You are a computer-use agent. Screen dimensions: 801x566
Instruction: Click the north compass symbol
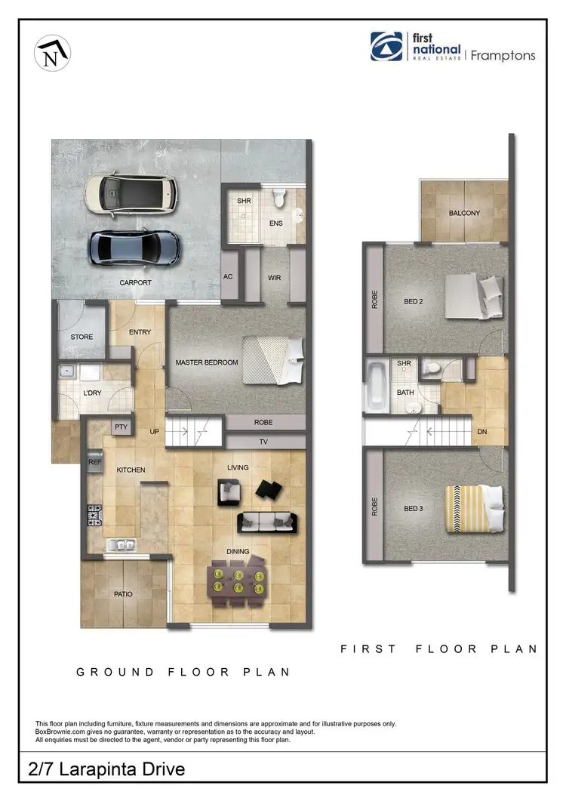pos(52,54)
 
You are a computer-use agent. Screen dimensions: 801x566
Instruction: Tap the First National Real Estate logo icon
pos(386,46)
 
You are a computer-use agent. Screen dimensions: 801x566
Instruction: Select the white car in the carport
pos(131,193)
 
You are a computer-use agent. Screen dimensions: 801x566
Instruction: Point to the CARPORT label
pos(135,283)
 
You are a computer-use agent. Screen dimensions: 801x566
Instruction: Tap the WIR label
pos(274,278)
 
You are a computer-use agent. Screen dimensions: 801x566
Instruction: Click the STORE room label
pos(82,337)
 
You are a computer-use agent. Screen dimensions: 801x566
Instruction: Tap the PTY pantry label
pos(121,427)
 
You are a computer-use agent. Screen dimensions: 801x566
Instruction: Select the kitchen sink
pos(121,544)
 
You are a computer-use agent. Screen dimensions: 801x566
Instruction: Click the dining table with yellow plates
pos(237,581)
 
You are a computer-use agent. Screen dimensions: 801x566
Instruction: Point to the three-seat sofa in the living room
pos(267,521)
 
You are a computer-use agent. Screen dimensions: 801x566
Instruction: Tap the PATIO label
pos(123,594)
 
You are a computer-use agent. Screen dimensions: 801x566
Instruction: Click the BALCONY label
pos(464,213)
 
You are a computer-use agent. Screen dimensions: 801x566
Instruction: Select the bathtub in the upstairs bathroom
pos(375,385)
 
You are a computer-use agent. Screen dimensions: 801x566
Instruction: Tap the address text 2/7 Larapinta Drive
pos(106,769)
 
